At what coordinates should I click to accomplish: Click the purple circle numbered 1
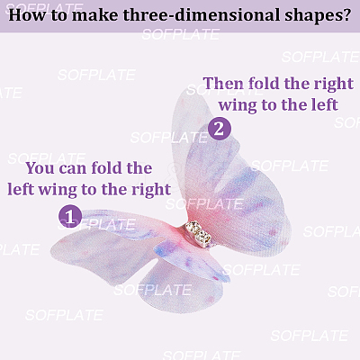[x=70, y=216]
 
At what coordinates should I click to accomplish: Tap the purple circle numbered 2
[x=220, y=129]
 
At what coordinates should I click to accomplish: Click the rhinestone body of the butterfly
[x=198, y=234]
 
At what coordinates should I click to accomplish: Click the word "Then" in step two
[x=223, y=83]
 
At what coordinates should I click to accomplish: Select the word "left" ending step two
[x=325, y=104]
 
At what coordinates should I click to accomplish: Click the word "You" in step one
[x=40, y=167]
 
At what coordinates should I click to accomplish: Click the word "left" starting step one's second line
[x=21, y=189]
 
